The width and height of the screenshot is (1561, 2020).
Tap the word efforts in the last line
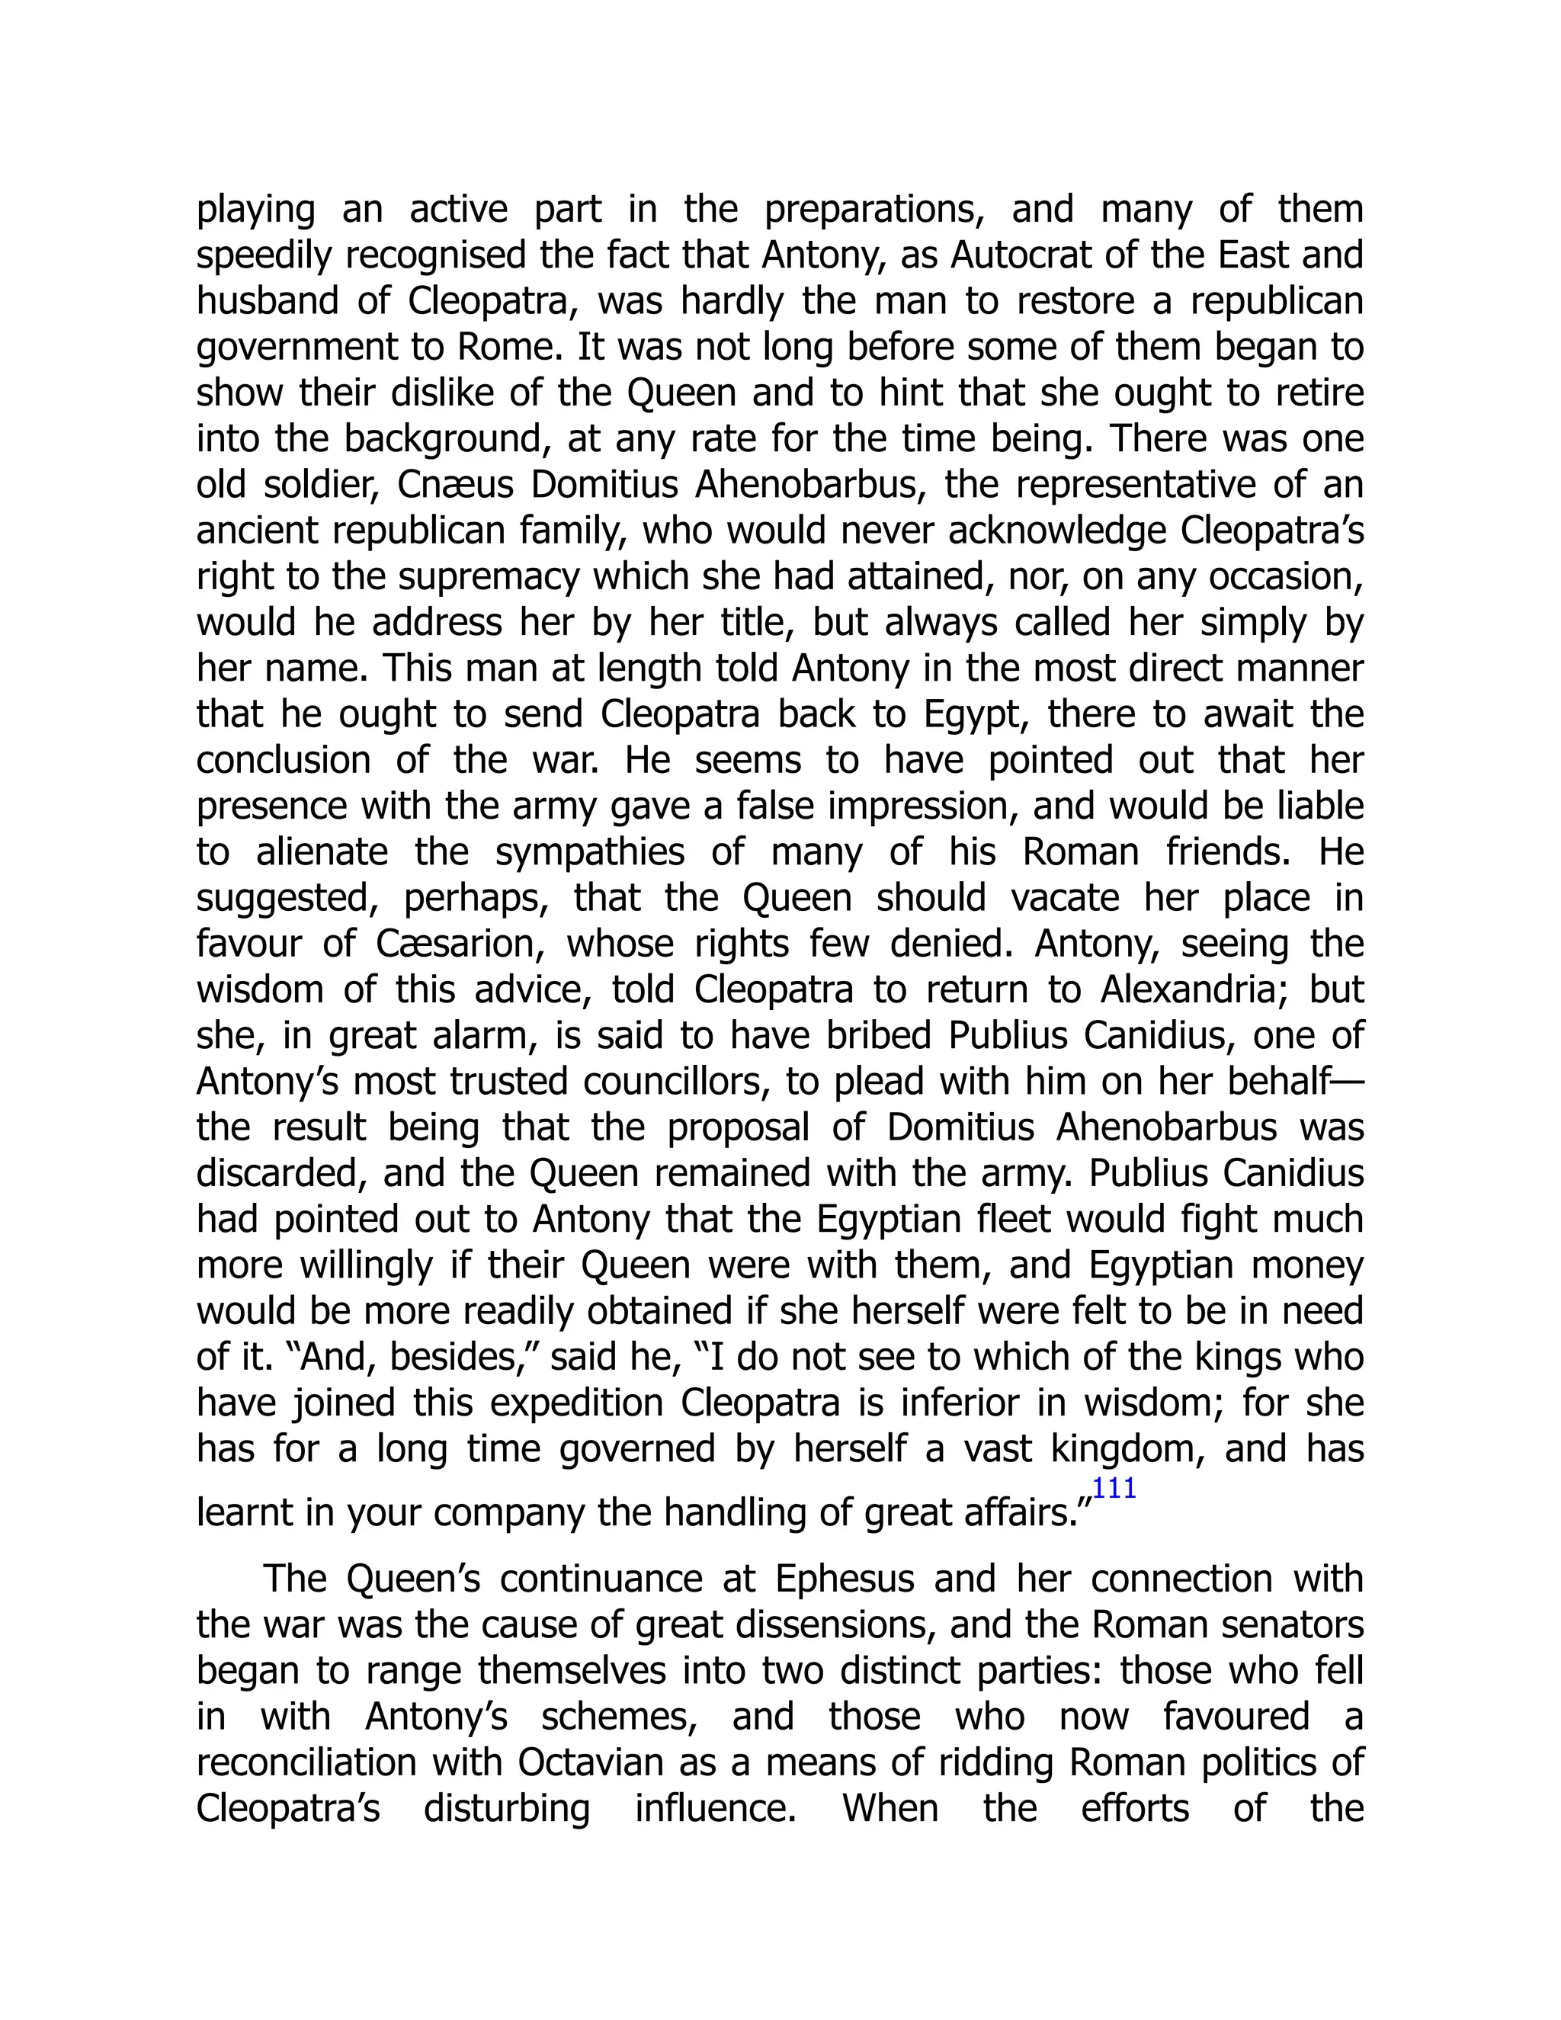pos(1135,1809)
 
